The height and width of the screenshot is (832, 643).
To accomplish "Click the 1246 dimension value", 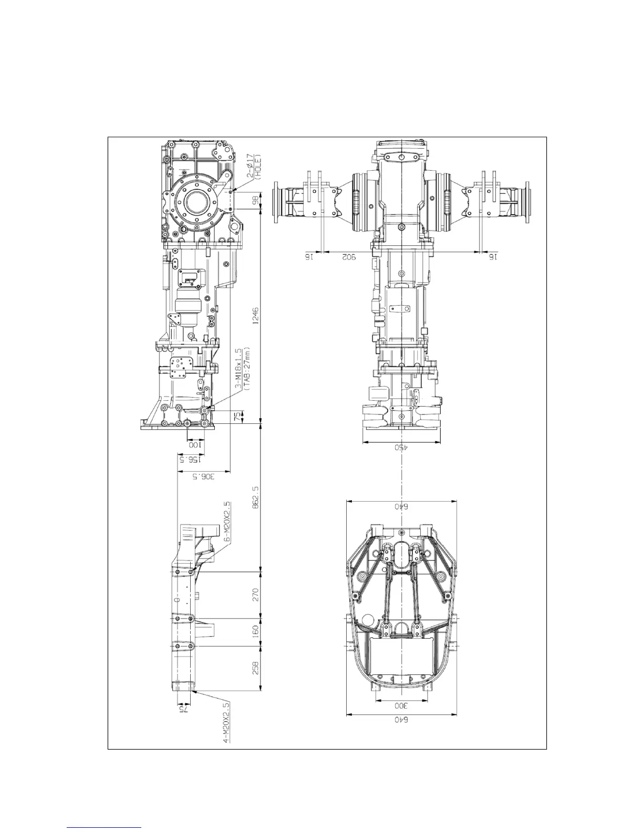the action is coord(256,315).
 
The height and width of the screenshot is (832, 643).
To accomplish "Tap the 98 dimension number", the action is coord(256,201).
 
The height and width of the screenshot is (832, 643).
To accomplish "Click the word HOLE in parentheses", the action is coord(258,167).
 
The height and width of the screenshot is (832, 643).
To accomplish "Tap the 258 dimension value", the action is coord(256,668).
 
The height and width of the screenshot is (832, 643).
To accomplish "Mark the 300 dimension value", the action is coord(402,705).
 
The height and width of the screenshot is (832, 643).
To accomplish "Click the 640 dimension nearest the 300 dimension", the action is coord(402,719).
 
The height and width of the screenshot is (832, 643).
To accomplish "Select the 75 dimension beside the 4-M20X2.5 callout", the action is coord(182,709).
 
